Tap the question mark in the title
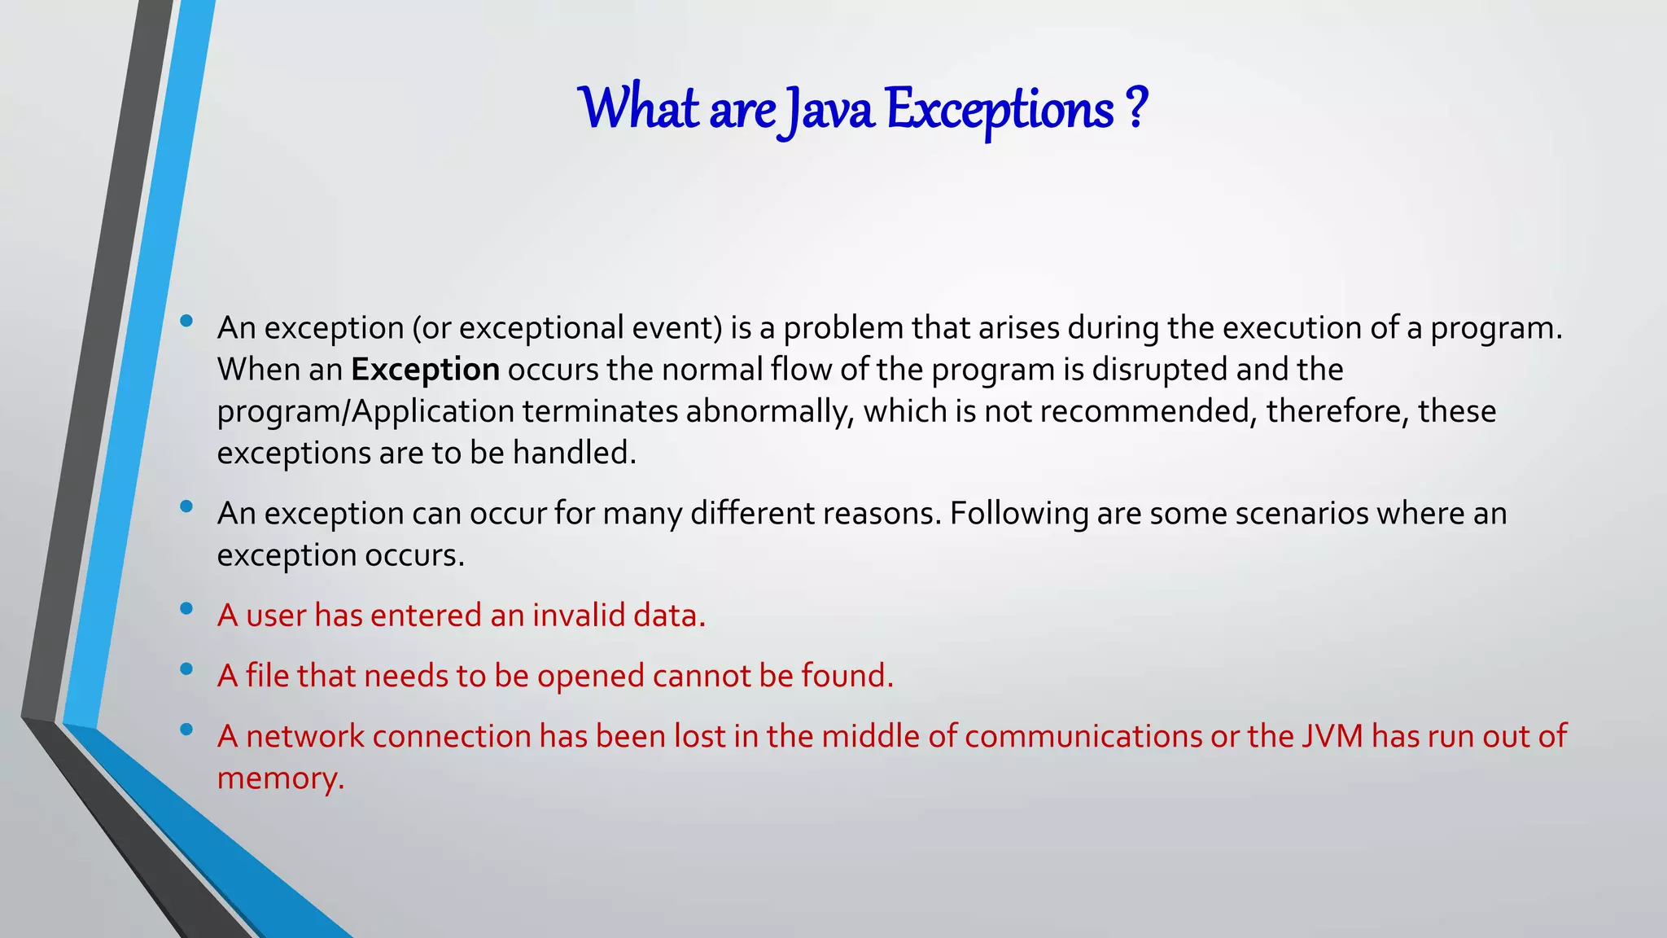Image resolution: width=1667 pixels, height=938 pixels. tap(1137, 107)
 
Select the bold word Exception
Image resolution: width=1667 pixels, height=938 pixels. tap(425, 370)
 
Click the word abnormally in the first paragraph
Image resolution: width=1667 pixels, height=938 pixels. tap(769, 411)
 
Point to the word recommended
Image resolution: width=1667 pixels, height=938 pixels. tap(1144, 411)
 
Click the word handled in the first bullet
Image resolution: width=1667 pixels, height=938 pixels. tap(574, 453)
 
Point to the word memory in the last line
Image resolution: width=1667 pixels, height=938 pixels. tap(280, 779)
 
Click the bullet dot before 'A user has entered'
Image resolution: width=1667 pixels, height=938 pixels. tap(186, 609)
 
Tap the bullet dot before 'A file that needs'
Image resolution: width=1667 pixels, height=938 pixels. tap(186, 669)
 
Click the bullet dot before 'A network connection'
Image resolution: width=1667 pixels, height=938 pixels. tap(186, 730)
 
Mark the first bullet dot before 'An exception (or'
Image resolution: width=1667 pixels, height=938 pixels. tap(186, 321)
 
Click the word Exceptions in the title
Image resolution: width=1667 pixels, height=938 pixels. tap(1000, 109)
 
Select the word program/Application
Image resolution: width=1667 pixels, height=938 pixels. tap(365, 411)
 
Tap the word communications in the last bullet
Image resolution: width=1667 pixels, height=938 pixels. tap(1083, 736)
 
